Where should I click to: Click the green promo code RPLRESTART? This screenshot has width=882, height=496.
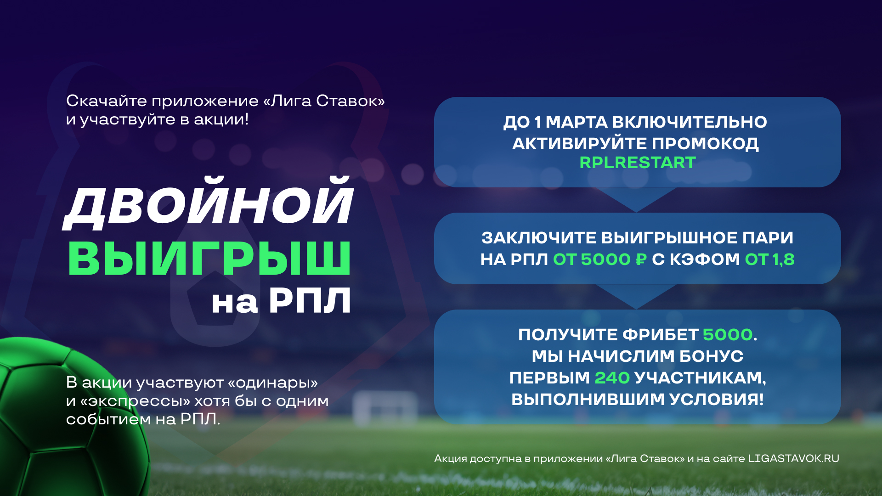(x=638, y=163)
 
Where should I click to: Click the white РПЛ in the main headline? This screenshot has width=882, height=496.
(x=310, y=301)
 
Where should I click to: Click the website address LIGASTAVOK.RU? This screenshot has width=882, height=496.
(x=793, y=458)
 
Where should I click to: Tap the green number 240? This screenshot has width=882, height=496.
(x=612, y=378)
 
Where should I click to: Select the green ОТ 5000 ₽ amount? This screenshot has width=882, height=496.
(x=600, y=259)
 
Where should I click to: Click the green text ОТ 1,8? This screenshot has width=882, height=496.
(x=769, y=259)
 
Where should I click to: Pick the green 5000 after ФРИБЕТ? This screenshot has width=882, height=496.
(x=728, y=334)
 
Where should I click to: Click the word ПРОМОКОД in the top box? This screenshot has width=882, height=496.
(x=705, y=144)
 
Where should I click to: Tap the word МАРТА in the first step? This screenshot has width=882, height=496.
(x=576, y=122)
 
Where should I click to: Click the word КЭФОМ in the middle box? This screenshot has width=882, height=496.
(x=705, y=259)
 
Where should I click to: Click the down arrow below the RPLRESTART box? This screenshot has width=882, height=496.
(x=637, y=199)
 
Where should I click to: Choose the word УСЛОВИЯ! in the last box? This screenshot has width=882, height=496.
(x=717, y=399)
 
